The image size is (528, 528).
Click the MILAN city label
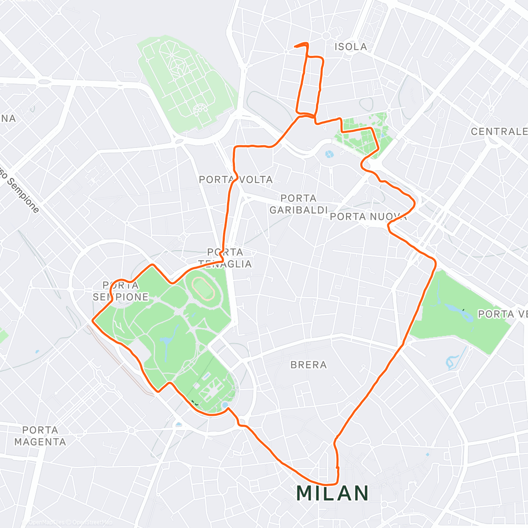(x=333, y=493)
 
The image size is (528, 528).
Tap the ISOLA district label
(x=351, y=47)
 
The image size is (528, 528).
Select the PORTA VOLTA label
(x=236, y=180)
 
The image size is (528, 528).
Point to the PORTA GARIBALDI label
(x=299, y=204)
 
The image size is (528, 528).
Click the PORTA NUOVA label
(x=368, y=216)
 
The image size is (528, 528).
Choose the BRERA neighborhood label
(x=309, y=365)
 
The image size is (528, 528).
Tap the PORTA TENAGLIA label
(x=225, y=258)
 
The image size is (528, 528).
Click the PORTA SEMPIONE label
(x=121, y=291)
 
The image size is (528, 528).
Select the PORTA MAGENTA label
(x=40, y=436)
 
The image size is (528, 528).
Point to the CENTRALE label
(x=499, y=132)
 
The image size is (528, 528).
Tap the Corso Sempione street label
(x=20, y=189)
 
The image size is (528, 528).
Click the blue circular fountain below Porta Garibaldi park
(x=329, y=154)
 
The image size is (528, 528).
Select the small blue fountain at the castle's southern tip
(x=225, y=404)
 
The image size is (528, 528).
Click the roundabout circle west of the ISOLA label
(x=326, y=36)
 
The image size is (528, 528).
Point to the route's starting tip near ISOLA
(x=294, y=46)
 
